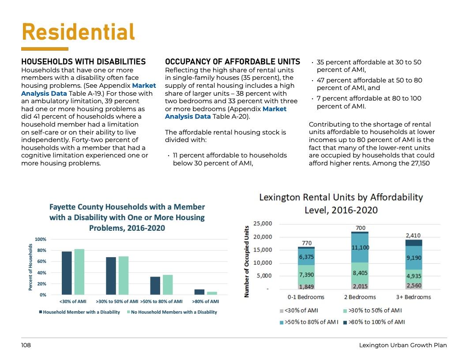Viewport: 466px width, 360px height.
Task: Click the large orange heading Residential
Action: [78, 32]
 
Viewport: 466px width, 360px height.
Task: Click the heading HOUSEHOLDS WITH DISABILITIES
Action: [83, 62]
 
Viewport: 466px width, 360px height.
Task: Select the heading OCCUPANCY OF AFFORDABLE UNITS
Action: [232, 62]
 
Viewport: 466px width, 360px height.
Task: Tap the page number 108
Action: [26, 345]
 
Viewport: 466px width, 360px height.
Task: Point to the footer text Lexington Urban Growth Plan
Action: [403, 345]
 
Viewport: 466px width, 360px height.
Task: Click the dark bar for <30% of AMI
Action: [67, 273]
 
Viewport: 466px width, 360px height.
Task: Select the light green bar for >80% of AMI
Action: [212, 293]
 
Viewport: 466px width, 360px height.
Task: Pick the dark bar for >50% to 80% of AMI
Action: [155, 285]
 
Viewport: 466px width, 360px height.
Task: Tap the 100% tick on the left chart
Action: [41, 239]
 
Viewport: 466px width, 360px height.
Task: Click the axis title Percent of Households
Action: [31, 267]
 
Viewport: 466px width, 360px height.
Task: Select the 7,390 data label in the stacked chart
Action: [306, 274]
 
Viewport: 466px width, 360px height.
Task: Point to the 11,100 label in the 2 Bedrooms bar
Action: [360, 248]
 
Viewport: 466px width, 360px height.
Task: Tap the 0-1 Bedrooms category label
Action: [306, 297]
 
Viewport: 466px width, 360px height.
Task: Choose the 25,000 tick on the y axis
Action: [263, 224]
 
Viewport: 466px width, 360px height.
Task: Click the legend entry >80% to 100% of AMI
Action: [376, 322]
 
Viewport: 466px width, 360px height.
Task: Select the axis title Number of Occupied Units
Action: [247, 261]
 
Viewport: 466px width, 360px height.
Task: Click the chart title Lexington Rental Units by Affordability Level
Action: [341, 203]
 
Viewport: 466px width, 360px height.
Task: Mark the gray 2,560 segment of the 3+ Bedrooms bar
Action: [414, 285]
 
